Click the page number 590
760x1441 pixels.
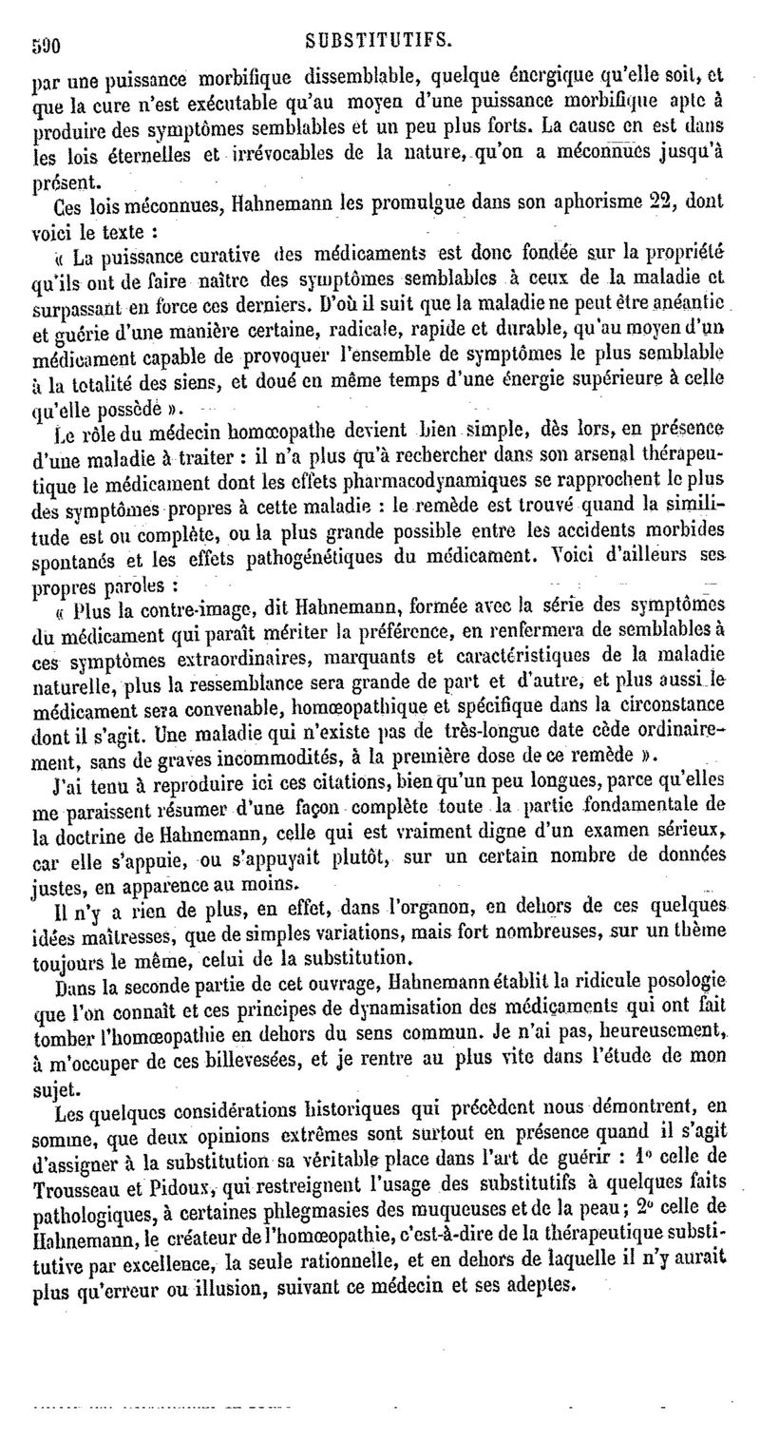[47, 44]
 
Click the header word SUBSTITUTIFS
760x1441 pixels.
[377, 42]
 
